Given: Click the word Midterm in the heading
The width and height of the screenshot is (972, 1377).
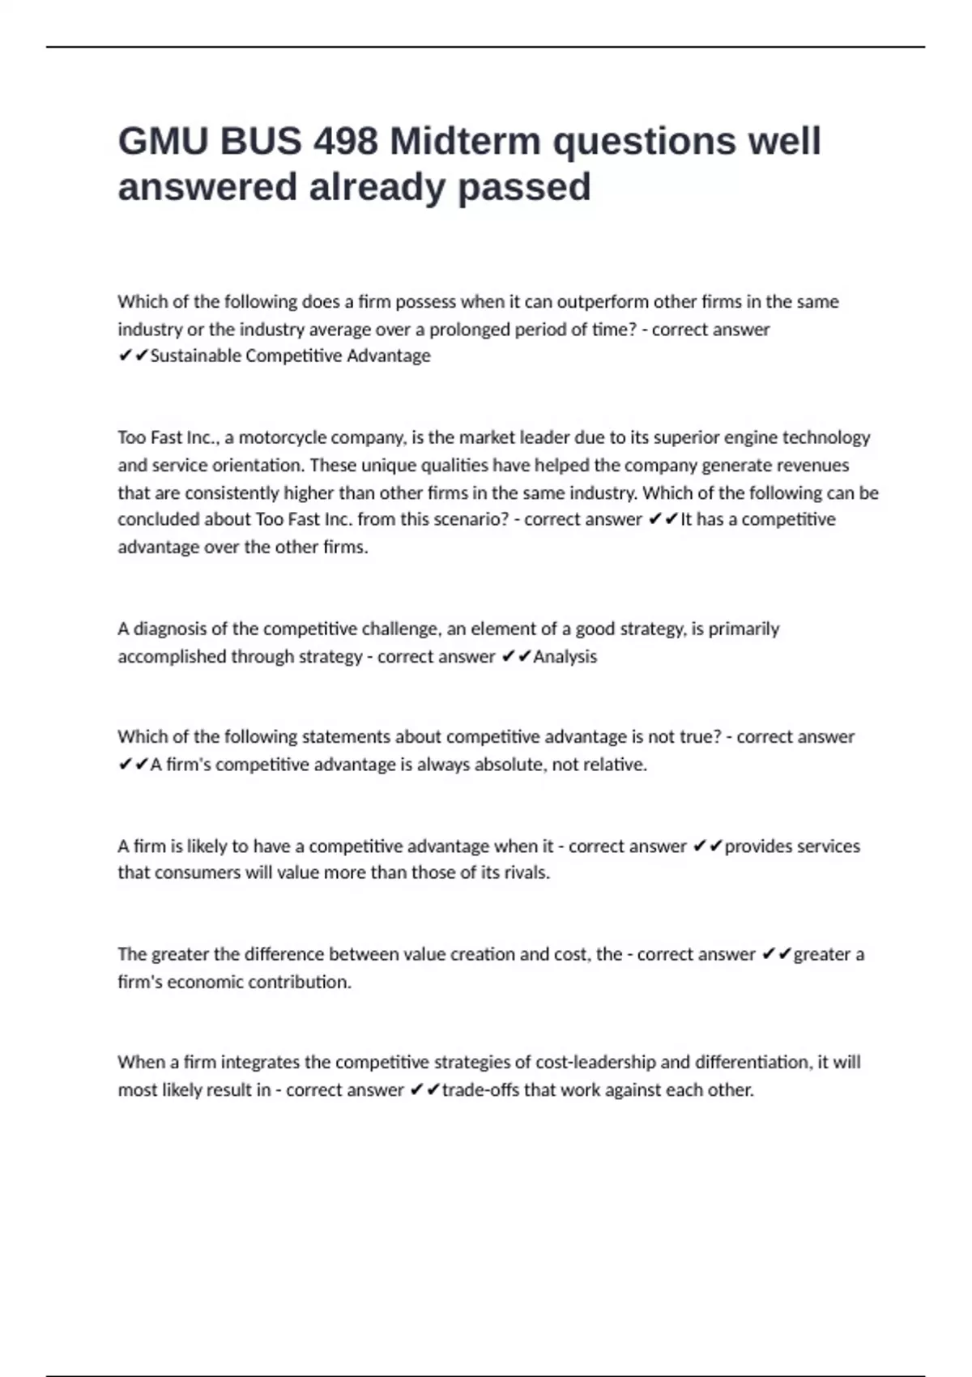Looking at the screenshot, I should pos(466,142).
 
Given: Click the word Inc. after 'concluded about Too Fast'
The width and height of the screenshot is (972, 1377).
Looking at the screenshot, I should pos(335,519).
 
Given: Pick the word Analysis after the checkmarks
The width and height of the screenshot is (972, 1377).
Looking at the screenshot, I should pos(565,656).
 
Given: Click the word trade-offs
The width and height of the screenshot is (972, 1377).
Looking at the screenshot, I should pos(480,1089).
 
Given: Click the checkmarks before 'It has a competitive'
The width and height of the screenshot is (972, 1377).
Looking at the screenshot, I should pos(663,519).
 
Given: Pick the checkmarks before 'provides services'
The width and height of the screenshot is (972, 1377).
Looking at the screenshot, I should pos(708,846).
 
